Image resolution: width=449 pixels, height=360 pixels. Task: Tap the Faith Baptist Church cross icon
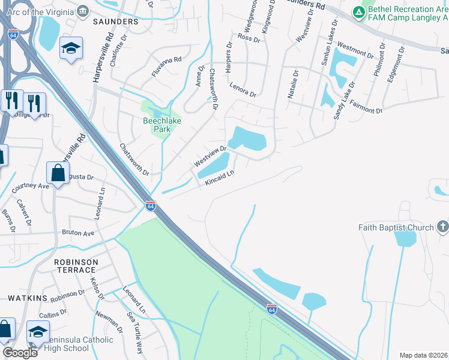(x=443, y=227)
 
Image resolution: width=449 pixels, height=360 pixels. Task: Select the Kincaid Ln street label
(x=218, y=178)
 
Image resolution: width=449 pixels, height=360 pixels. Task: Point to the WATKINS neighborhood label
(x=27, y=298)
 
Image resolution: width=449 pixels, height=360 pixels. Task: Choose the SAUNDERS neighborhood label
(x=115, y=22)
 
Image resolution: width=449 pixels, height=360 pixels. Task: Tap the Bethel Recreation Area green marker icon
(x=359, y=11)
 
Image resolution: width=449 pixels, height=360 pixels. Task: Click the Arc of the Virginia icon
(x=83, y=10)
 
